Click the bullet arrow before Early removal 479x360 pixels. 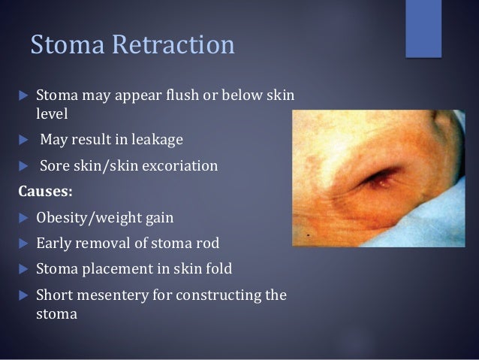pos(21,244)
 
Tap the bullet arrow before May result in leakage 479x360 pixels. pos(21,140)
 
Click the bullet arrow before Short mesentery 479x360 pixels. pos(21,295)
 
